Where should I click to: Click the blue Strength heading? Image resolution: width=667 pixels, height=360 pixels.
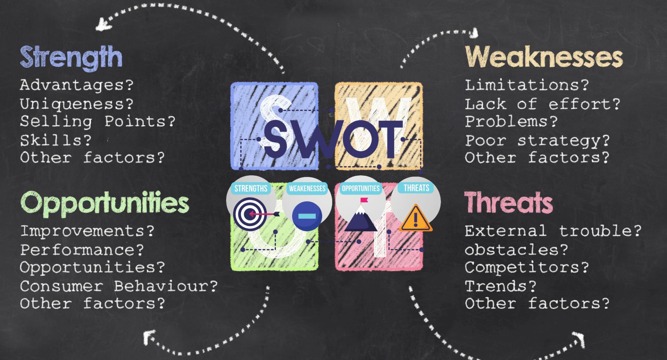click(71, 57)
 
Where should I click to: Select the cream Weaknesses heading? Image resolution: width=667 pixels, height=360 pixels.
click(544, 57)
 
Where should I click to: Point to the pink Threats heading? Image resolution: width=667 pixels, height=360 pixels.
click(508, 203)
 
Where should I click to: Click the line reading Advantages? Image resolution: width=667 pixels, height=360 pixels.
click(76, 85)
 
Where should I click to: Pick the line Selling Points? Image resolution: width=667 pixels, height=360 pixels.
click(97, 122)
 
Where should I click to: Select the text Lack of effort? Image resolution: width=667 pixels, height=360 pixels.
click(542, 104)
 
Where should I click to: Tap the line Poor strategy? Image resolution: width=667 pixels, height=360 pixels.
click(537, 141)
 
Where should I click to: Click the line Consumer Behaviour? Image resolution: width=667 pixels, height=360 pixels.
click(118, 286)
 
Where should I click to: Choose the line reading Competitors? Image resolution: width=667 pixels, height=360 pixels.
click(527, 267)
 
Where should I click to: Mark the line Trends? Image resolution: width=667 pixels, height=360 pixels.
click(501, 286)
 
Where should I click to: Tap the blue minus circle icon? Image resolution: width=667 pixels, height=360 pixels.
click(307, 216)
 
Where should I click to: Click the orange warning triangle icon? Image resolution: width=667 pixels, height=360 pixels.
click(415, 219)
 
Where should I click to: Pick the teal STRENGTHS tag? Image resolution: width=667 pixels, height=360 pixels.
click(251, 189)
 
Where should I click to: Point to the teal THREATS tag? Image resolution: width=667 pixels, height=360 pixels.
click(416, 188)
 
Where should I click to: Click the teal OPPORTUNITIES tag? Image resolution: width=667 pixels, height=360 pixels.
click(361, 189)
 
